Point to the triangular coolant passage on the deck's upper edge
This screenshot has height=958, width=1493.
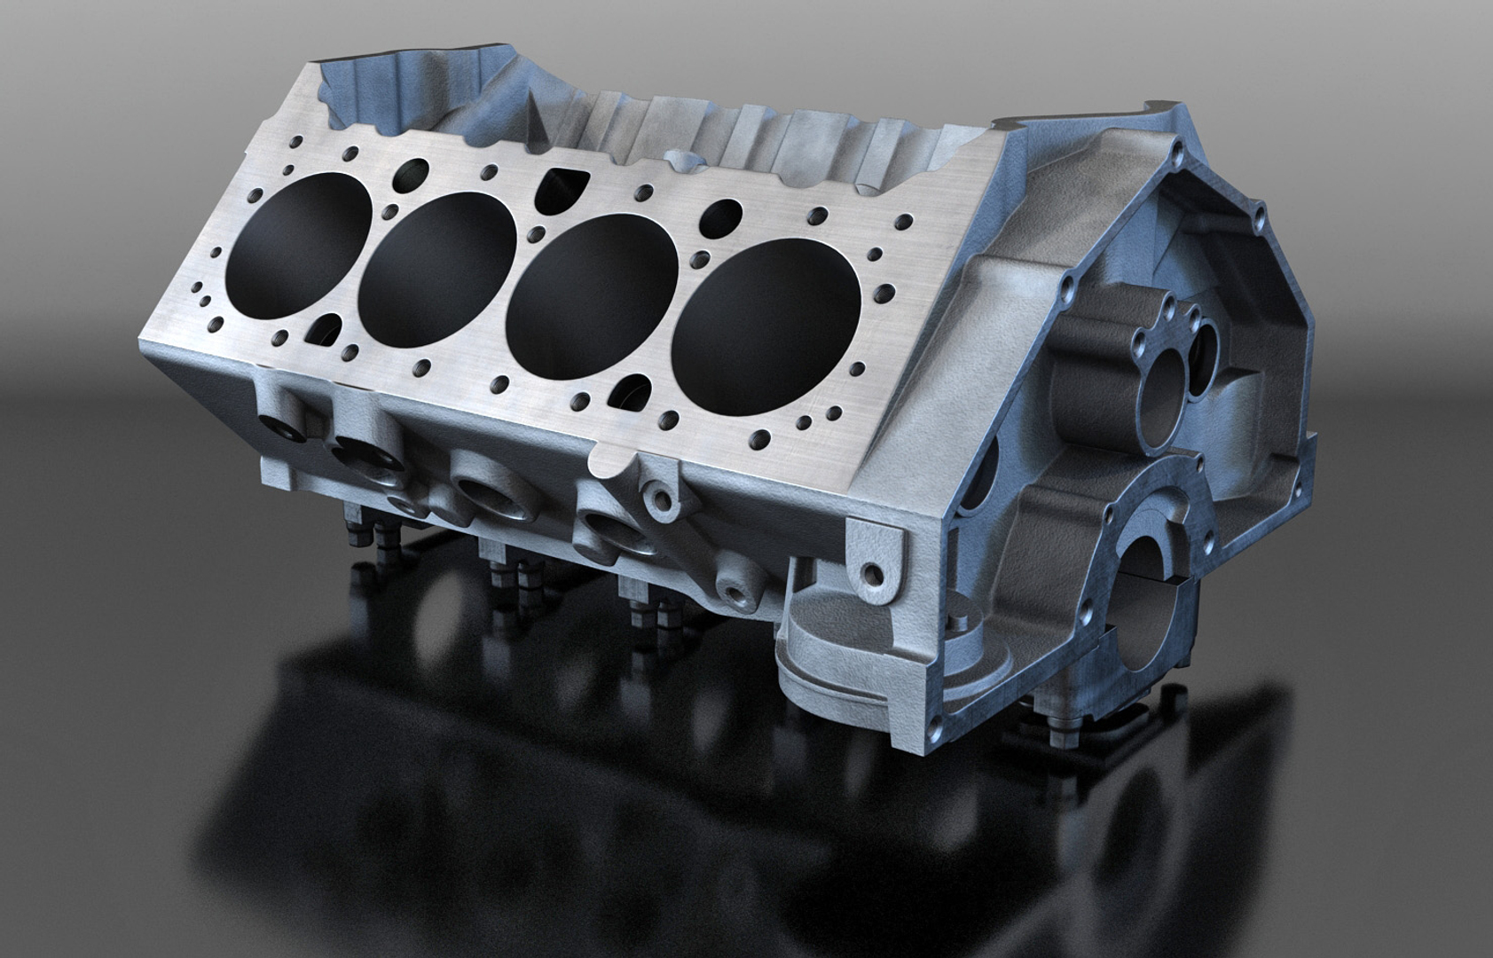(561, 187)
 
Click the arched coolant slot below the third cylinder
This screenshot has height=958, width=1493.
(635, 389)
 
